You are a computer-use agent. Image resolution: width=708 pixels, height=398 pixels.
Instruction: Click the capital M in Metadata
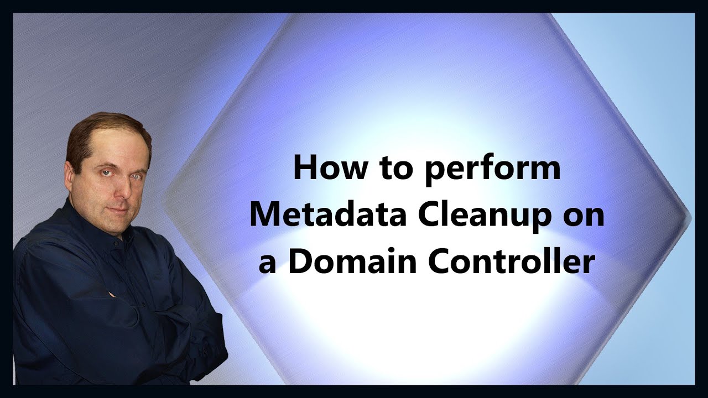264,216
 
